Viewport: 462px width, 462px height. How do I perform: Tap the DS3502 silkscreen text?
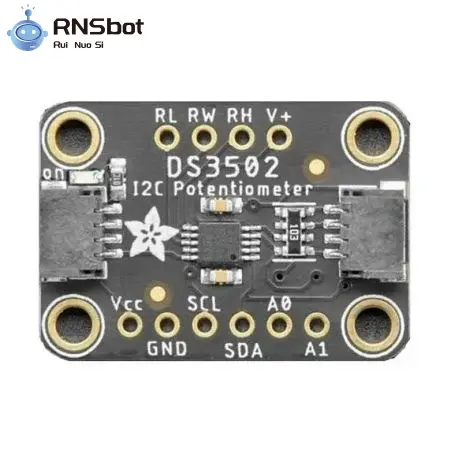tap(223, 167)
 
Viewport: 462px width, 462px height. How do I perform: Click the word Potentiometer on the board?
tap(243, 189)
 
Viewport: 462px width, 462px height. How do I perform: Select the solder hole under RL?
tap(167, 137)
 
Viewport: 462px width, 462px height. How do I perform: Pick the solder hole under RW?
tap(204, 137)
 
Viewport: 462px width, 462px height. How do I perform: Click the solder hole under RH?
tap(242, 137)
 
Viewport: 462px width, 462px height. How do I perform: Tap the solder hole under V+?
tap(279, 137)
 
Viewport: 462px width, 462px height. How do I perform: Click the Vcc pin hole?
tap(130, 324)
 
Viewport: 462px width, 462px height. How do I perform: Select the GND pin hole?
tap(167, 324)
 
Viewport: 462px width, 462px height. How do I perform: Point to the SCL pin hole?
tap(205, 324)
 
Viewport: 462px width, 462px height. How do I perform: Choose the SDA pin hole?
tap(242, 324)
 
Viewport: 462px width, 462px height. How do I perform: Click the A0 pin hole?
tap(279, 324)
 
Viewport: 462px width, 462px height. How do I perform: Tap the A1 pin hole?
tap(317, 324)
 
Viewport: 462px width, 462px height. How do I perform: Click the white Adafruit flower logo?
tap(151, 233)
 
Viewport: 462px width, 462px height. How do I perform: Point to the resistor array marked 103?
tap(294, 231)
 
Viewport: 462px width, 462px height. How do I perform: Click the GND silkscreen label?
tap(167, 349)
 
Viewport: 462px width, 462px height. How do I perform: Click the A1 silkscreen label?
tap(316, 350)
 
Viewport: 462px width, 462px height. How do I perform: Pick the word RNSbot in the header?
tap(98, 27)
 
